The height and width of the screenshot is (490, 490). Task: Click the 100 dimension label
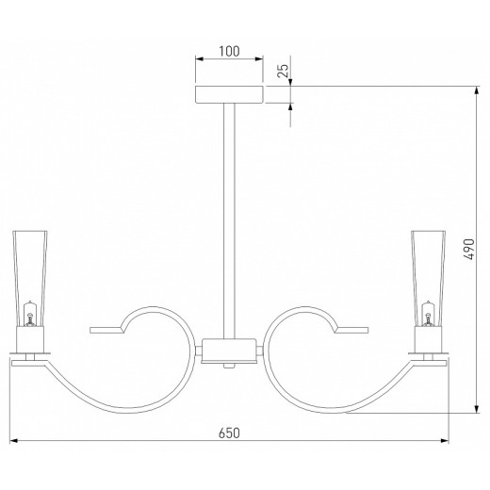click(229, 51)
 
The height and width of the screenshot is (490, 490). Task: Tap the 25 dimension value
click(283, 71)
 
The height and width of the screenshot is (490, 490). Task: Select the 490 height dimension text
click(469, 249)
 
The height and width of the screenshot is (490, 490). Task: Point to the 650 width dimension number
click(229, 433)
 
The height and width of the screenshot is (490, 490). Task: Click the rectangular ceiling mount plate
click(229, 94)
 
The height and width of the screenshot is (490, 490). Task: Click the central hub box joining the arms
click(229, 351)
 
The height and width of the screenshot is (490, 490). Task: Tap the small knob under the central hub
click(229, 366)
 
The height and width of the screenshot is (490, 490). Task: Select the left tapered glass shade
click(30, 279)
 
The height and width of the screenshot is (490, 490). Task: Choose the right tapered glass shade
click(428, 279)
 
